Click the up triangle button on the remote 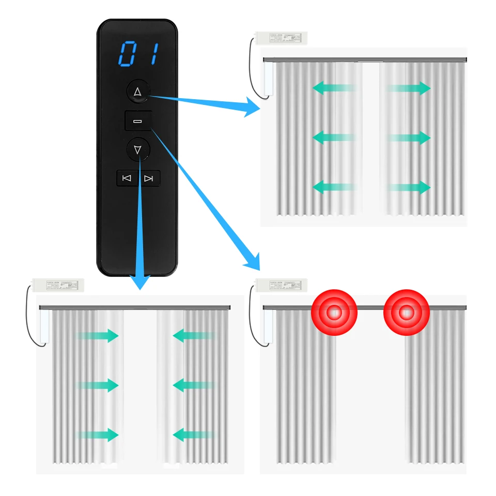click(137, 92)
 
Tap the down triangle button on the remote click(137, 150)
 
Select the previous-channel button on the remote click(127, 178)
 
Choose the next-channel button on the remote click(149, 178)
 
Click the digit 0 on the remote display click(128, 54)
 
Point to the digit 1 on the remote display click(154, 54)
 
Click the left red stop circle click(334, 313)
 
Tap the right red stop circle click(407, 313)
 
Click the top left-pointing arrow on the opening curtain click(333, 88)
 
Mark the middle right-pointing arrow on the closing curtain click(98, 385)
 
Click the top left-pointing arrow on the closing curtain click(192, 336)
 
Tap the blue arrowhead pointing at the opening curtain click(252, 108)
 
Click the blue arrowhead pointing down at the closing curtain click(139, 282)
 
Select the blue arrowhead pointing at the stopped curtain click(252, 261)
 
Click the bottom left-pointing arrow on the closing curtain click(192, 435)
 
